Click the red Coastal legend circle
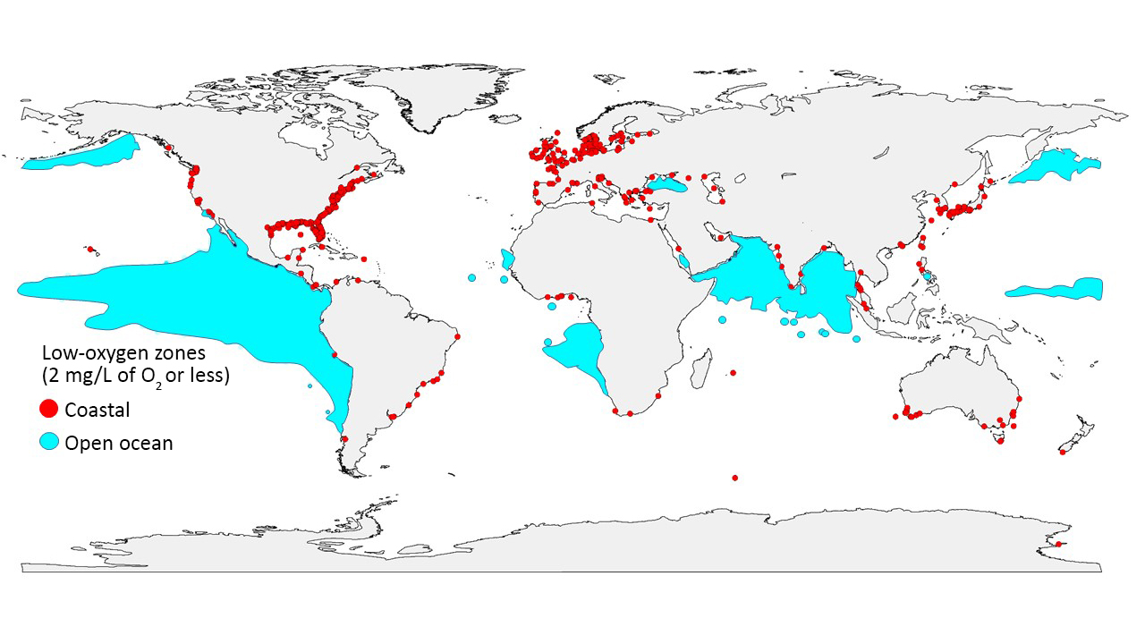click(x=49, y=410)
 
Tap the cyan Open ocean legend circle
click(x=49, y=442)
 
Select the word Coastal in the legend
click(x=98, y=410)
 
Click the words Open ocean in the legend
click(x=119, y=443)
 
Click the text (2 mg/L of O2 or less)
click(x=136, y=377)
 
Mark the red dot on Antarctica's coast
click(x=1058, y=544)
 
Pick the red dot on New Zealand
click(x=1062, y=453)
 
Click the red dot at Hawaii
click(x=90, y=250)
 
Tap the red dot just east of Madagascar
click(x=733, y=372)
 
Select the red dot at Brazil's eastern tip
click(x=457, y=337)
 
